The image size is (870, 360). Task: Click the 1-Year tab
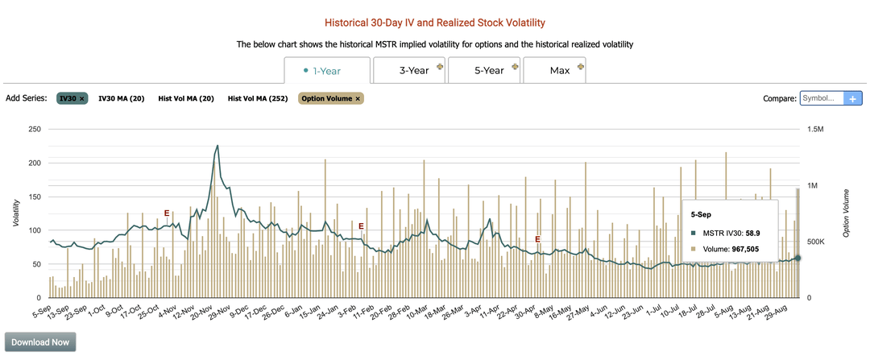point(327,71)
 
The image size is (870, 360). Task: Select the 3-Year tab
point(413,71)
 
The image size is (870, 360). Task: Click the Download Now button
point(40,341)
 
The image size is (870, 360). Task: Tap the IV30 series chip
point(71,98)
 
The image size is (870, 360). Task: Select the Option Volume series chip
point(330,98)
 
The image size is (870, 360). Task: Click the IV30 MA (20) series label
point(121,98)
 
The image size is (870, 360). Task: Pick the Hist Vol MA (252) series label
point(257,98)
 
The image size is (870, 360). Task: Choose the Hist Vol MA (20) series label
point(186,98)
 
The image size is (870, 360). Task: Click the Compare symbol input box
point(821,98)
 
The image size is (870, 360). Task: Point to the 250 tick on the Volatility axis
point(33,129)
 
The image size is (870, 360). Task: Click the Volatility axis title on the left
point(16,213)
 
